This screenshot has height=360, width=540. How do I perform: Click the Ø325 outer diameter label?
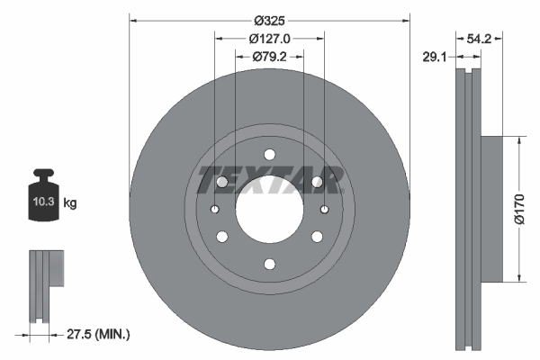[x=269, y=20]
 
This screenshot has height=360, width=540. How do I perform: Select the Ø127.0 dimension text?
[x=269, y=39]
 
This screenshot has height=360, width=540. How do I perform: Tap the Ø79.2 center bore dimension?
[x=269, y=57]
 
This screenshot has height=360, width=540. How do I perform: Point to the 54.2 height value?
[x=479, y=40]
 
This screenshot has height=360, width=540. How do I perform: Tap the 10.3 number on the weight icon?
[x=42, y=203]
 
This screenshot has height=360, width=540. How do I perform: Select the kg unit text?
[x=69, y=204]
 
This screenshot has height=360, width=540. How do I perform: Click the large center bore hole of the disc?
[x=269, y=208]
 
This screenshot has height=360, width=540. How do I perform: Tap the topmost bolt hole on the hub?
[x=269, y=153]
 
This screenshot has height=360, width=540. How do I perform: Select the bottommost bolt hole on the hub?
[x=269, y=264]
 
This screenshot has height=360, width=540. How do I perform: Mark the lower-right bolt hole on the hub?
[x=317, y=237]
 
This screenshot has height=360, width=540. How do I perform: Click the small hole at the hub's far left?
[x=215, y=209]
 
